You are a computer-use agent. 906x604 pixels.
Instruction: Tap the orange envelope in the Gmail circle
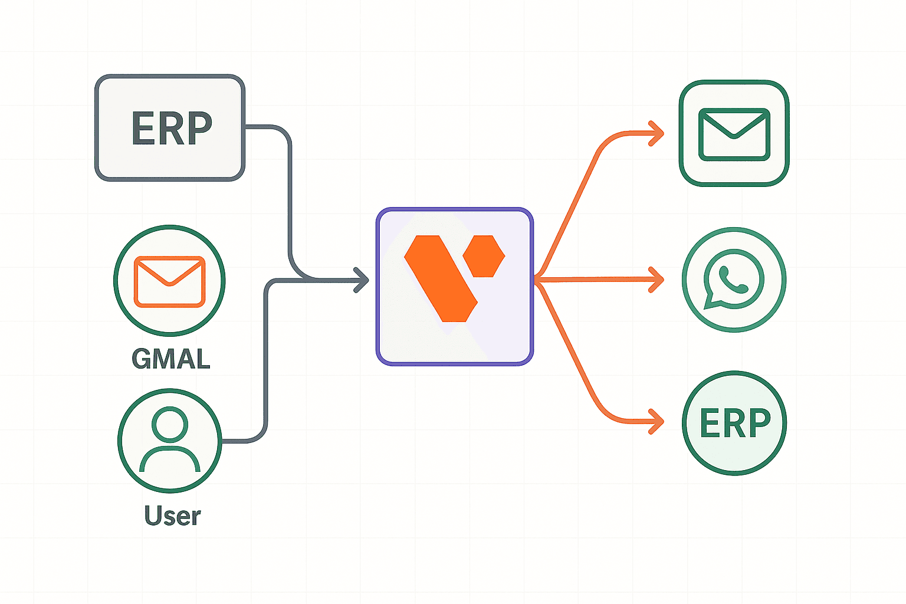[169, 281]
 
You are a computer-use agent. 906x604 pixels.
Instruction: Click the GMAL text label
[171, 359]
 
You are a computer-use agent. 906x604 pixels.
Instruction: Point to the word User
[172, 516]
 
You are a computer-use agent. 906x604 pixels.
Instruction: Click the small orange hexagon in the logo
[484, 256]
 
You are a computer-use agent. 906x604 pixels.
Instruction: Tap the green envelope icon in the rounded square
[734, 134]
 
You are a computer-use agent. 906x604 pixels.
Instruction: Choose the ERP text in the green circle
[735, 423]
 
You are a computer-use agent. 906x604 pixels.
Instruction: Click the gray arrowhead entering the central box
[361, 280]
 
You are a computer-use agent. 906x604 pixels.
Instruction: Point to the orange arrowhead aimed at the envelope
[656, 134]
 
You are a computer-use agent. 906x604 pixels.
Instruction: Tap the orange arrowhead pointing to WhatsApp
[656, 280]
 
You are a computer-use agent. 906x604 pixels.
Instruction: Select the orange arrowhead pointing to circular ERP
[656, 422]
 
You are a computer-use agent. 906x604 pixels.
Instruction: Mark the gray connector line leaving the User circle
[266, 366]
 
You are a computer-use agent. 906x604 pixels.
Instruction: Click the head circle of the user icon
[170, 424]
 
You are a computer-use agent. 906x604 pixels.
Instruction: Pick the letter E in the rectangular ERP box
[143, 128]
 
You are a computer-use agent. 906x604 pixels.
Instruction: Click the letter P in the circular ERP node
[760, 423]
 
